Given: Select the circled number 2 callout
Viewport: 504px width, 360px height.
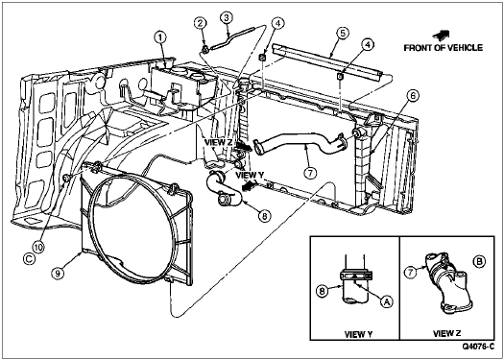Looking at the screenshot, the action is tap(201, 23).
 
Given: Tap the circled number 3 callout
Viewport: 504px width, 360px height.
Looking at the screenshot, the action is tap(226, 18).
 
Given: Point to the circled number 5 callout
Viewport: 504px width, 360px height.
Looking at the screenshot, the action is tap(343, 34).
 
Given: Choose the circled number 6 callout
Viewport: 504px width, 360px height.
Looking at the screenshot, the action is tap(413, 96).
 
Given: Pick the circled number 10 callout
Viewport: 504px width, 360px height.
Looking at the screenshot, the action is tap(38, 247).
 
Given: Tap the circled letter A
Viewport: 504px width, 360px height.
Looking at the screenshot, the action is tap(387, 301).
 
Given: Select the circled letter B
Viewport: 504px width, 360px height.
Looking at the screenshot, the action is tap(479, 262).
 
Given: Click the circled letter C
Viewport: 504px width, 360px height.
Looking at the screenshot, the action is tap(29, 259).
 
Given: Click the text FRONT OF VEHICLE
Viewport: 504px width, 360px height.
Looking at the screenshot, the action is tap(444, 48).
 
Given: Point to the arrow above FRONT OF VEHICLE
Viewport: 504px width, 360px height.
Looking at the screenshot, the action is tap(442, 35).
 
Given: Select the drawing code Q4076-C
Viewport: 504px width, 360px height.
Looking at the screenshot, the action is tap(478, 347).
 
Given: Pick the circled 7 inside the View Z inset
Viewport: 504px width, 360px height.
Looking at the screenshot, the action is tap(410, 273).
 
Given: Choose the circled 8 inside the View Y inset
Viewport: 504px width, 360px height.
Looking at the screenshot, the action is tap(322, 290).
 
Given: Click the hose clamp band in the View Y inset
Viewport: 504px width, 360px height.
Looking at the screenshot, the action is tap(356, 276).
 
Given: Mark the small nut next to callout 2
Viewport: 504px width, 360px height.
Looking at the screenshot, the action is tap(205, 49).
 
